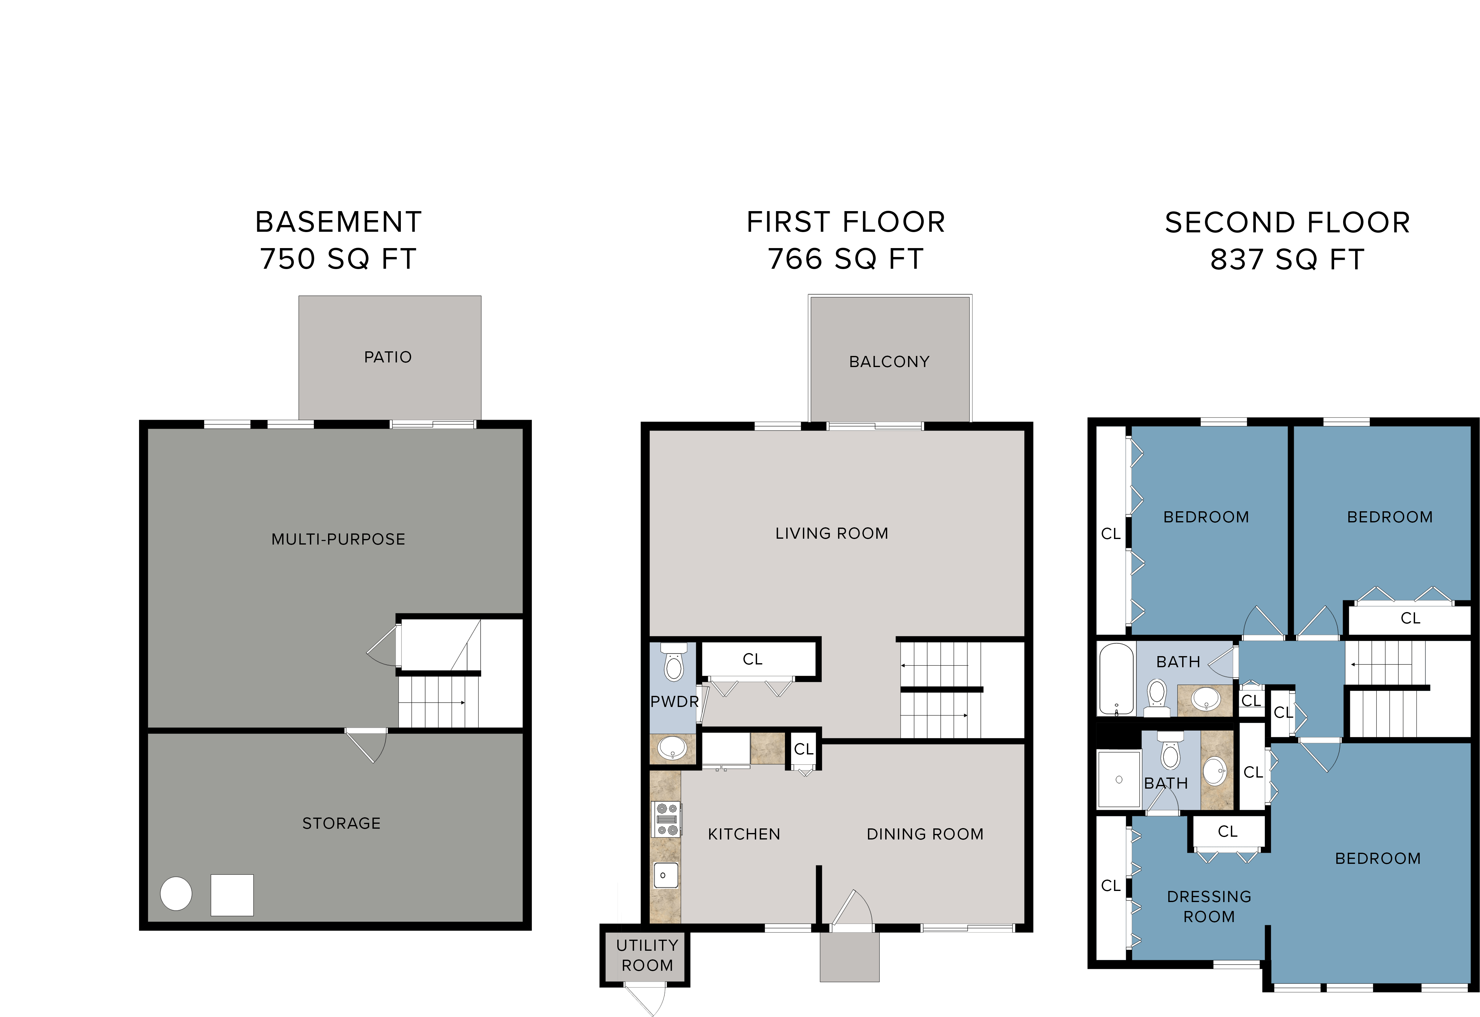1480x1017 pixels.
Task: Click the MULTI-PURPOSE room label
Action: (x=339, y=540)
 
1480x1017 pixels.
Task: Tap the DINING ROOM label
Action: (x=925, y=834)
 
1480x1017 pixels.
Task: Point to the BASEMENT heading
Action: (x=339, y=223)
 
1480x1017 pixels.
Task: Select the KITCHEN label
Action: (x=744, y=834)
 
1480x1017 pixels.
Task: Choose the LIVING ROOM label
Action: (x=832, y=533)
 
